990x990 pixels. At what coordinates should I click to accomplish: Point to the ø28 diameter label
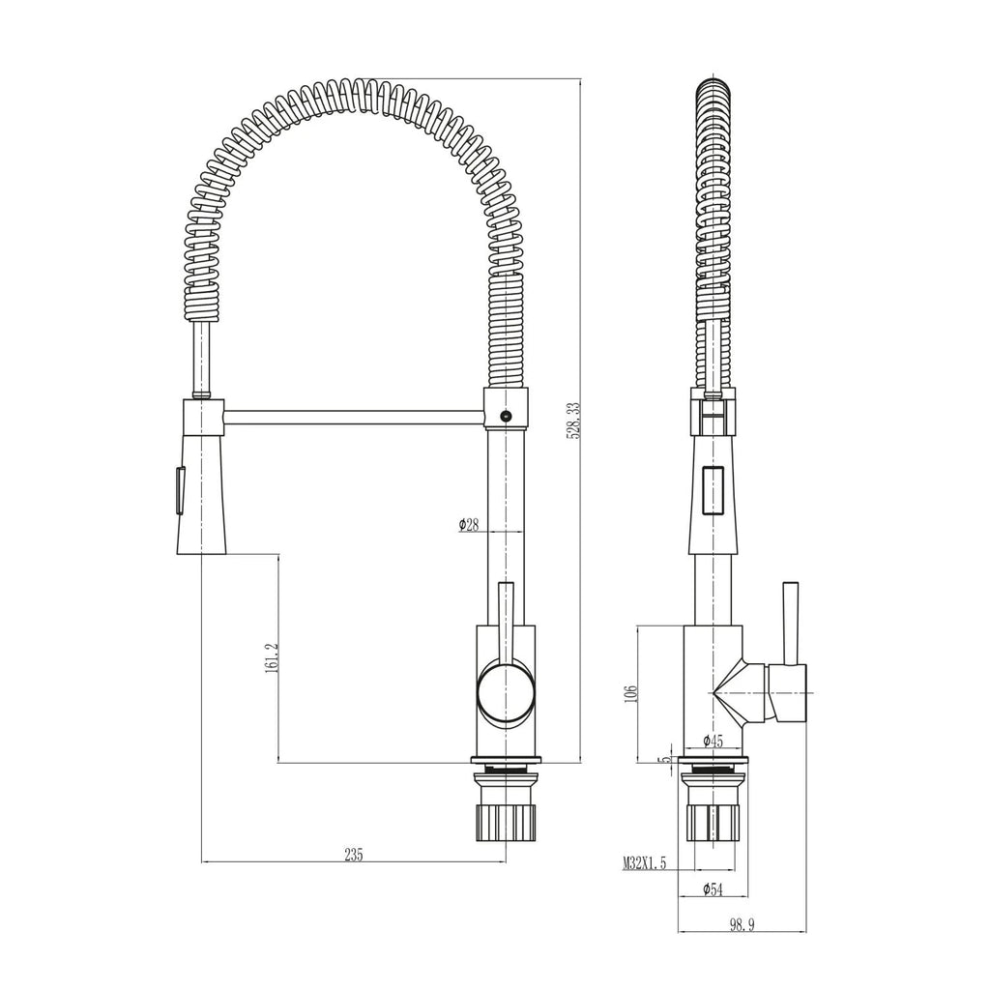[470, 525]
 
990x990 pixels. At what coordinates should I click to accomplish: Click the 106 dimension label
[630, 693]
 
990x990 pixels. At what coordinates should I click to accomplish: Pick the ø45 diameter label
[713, 742]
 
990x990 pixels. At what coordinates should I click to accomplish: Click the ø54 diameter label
[713, 888]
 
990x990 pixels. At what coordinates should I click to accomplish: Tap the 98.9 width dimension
[742, 925]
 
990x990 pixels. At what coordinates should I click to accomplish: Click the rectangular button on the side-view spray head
[713, 491]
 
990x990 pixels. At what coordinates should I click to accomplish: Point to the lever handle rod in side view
[790, 624]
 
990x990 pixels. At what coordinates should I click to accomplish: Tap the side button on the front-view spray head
[177, 489]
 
